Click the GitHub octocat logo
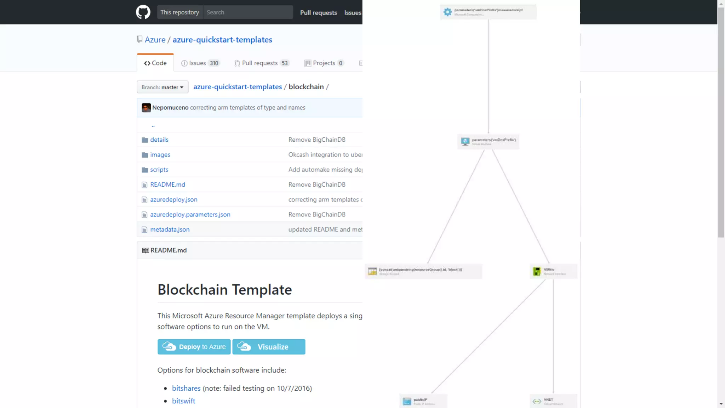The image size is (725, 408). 143,12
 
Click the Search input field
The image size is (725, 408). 248,12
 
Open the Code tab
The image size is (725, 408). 155,63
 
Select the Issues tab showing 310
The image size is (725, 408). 200,63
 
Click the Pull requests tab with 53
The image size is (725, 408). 262,63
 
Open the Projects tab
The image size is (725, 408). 324,63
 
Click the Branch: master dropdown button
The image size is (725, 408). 162,87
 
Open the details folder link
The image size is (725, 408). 159,140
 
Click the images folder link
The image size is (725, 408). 160,155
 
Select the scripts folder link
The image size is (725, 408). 159,170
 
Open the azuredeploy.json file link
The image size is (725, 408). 174,199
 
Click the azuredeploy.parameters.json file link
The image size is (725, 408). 190,215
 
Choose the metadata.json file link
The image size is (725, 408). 170,229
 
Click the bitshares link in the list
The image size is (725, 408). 186,388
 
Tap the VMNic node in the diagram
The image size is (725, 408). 553,271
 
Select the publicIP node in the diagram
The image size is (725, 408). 423,401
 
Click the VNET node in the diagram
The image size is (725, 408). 553,401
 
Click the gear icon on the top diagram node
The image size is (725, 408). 447,12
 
